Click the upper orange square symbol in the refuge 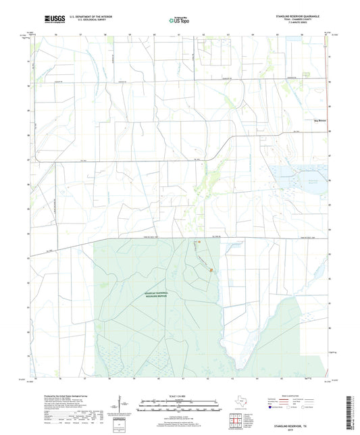(x=198, y=242)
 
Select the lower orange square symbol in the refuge (x=210, y=271)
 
